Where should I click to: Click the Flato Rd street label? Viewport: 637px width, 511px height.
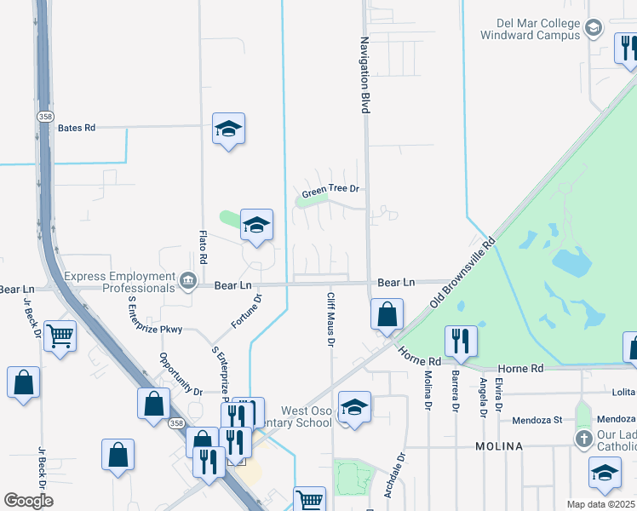point(204,247)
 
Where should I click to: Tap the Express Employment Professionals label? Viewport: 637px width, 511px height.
point(118,282)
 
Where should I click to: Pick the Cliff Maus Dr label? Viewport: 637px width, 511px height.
point(330,320)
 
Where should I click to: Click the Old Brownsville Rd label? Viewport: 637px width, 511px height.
point(462,273)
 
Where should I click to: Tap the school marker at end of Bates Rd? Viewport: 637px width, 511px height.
point(228,129)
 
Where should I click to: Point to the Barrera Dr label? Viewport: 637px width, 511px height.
point(456,394)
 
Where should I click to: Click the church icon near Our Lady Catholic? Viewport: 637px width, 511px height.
point(583,439)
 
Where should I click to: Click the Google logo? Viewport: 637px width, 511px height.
point(28,500)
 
